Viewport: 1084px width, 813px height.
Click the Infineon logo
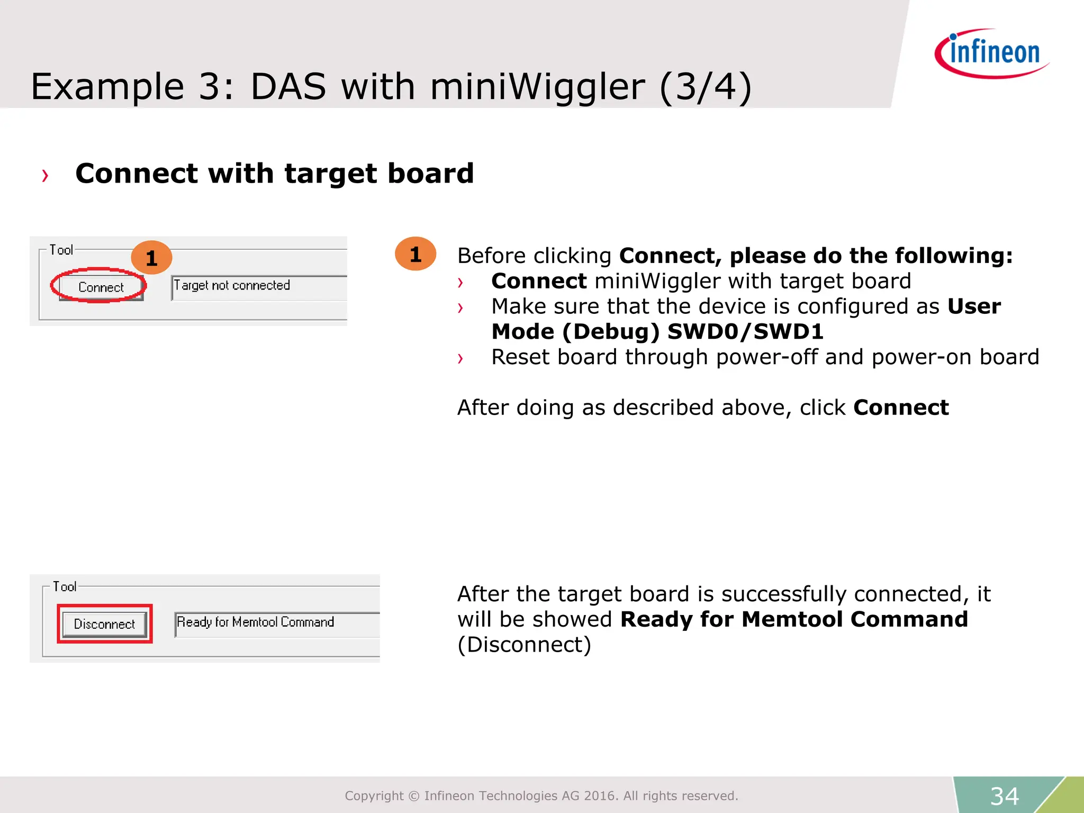coord(992,53)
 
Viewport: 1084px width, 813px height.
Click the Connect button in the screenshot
coord(100,287)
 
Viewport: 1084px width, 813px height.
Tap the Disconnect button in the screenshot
coord(104,624)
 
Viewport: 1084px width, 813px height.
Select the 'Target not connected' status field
coord(258,286)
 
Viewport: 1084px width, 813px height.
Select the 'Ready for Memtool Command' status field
coord(276,623)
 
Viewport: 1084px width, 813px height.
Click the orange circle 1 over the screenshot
coord(151,258)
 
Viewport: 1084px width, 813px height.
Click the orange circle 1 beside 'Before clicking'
coord(415,254)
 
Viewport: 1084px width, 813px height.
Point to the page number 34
coord(1004,796)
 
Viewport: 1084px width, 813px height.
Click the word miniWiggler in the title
coord(537,87)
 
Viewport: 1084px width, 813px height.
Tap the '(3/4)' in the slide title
coord(706,87)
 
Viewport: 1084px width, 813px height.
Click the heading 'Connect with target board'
coord(274,174)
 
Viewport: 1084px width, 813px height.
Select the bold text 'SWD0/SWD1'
coord(745,332)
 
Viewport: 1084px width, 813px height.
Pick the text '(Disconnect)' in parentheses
coord(524,645)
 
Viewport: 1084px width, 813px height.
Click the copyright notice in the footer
coord(541,796)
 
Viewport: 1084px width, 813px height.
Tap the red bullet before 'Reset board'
coord(460,359)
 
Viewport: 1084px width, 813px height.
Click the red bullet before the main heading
coord(45,176)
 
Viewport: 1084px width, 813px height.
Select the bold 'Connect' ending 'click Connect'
coord(901,408)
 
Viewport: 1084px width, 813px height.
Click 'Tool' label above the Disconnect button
coord(64,586)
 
